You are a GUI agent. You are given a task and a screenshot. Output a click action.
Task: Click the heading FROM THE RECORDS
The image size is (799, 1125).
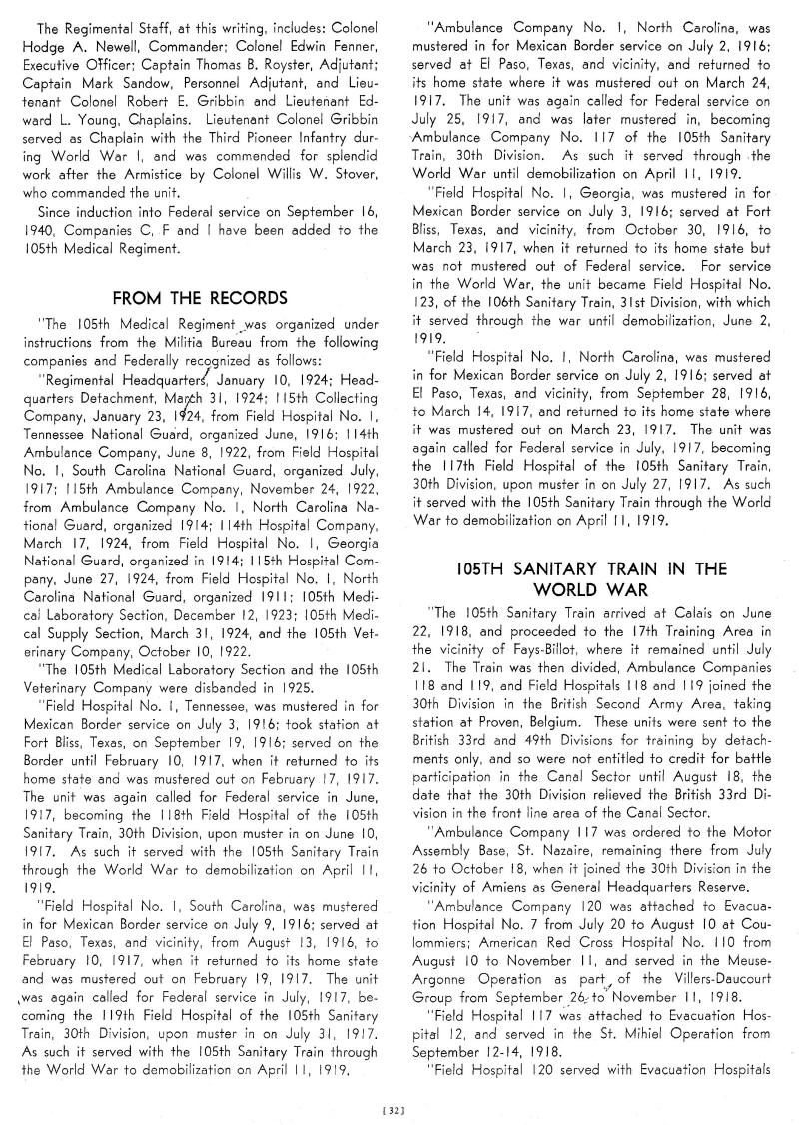click(x=201, y=297)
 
